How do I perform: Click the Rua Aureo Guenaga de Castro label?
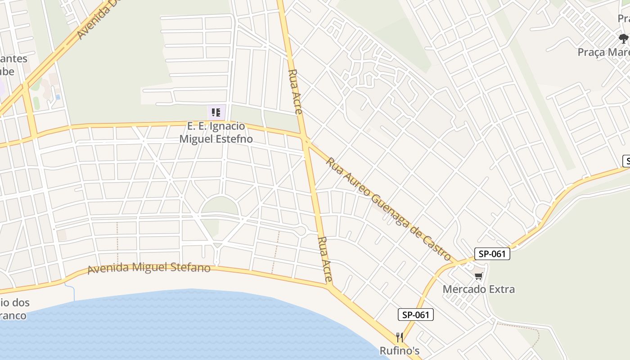pyautogui.click(x=388, y=209)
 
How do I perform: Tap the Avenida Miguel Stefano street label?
pyautogui.click(x=149, y=268)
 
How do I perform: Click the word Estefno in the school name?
pyautogui.click(x=230, y=139)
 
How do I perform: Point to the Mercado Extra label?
pyautogui.click(x=478, y=289)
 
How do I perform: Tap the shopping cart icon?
pyautogui.click(x=478, y=275)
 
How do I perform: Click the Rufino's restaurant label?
pyautogui.click(x=400, y=350)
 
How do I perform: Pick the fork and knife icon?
pyautogui.click(x=399, y=337)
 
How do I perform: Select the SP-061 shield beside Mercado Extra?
pyautogui.click(x=492, y=254)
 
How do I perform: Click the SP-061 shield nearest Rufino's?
pyautogui.click(x=415, y=315)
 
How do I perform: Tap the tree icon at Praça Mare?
pyautogui.click(x=623, y=39)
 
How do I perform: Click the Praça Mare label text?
pyautogui.click(x=603, y=52)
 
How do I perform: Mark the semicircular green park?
pyautogui.click(x=219, y=206)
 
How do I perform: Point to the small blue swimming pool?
pyautogui.click(x=58, y=97)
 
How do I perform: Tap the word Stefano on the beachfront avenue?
pyautogui.click(x=189, y=268)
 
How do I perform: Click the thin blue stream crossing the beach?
pyautogui.click(x=73, y=292)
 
